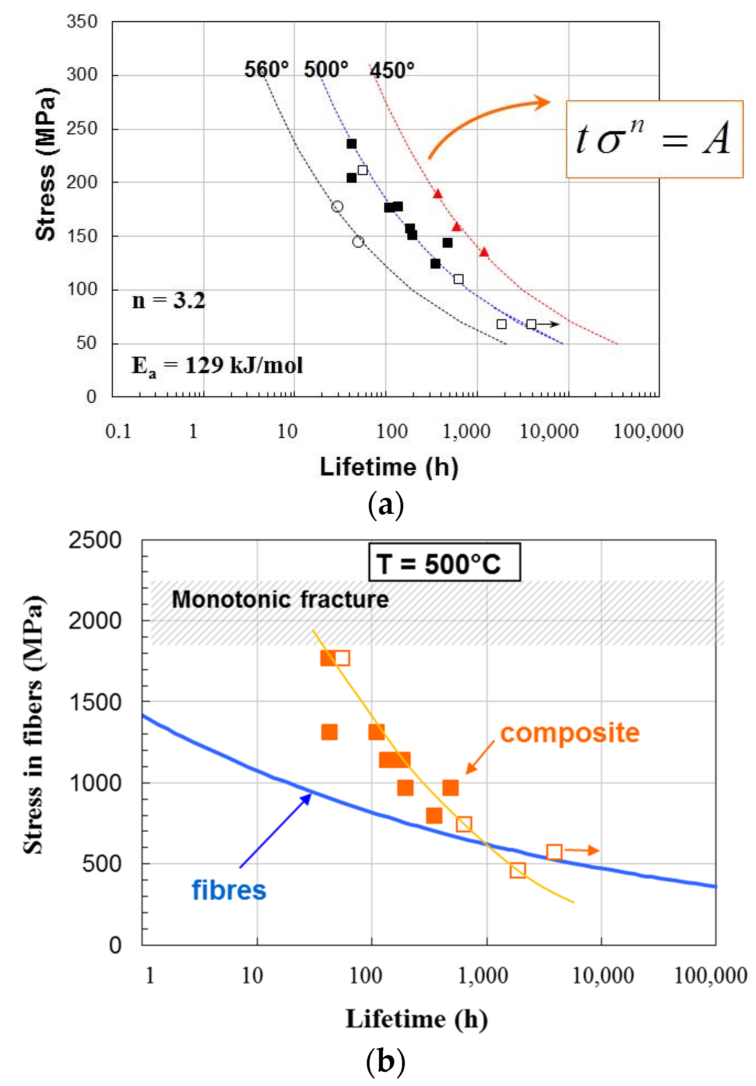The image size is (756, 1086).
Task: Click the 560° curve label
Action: [x=266, y=70]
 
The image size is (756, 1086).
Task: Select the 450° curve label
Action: [x=392, y=70]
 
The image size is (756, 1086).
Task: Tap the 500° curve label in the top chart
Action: [x=326, y=70]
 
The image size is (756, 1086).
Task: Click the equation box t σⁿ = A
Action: [x=654, y=139]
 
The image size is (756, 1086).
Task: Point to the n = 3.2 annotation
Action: [x=168, y=301]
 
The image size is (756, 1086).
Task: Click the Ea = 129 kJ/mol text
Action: [x=217, y=366]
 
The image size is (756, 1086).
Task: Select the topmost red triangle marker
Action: [x=437, y=194]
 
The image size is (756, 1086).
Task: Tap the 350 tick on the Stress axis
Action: [x=82, y=22]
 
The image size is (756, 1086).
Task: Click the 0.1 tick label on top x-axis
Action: [x=118, y=431]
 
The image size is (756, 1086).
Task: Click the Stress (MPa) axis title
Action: [x=46, y=164]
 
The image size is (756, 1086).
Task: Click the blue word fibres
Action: [x=229, y=890]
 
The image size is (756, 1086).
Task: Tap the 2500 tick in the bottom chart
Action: [x=95, y=540]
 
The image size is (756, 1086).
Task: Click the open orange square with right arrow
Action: [x=554, y=852]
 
